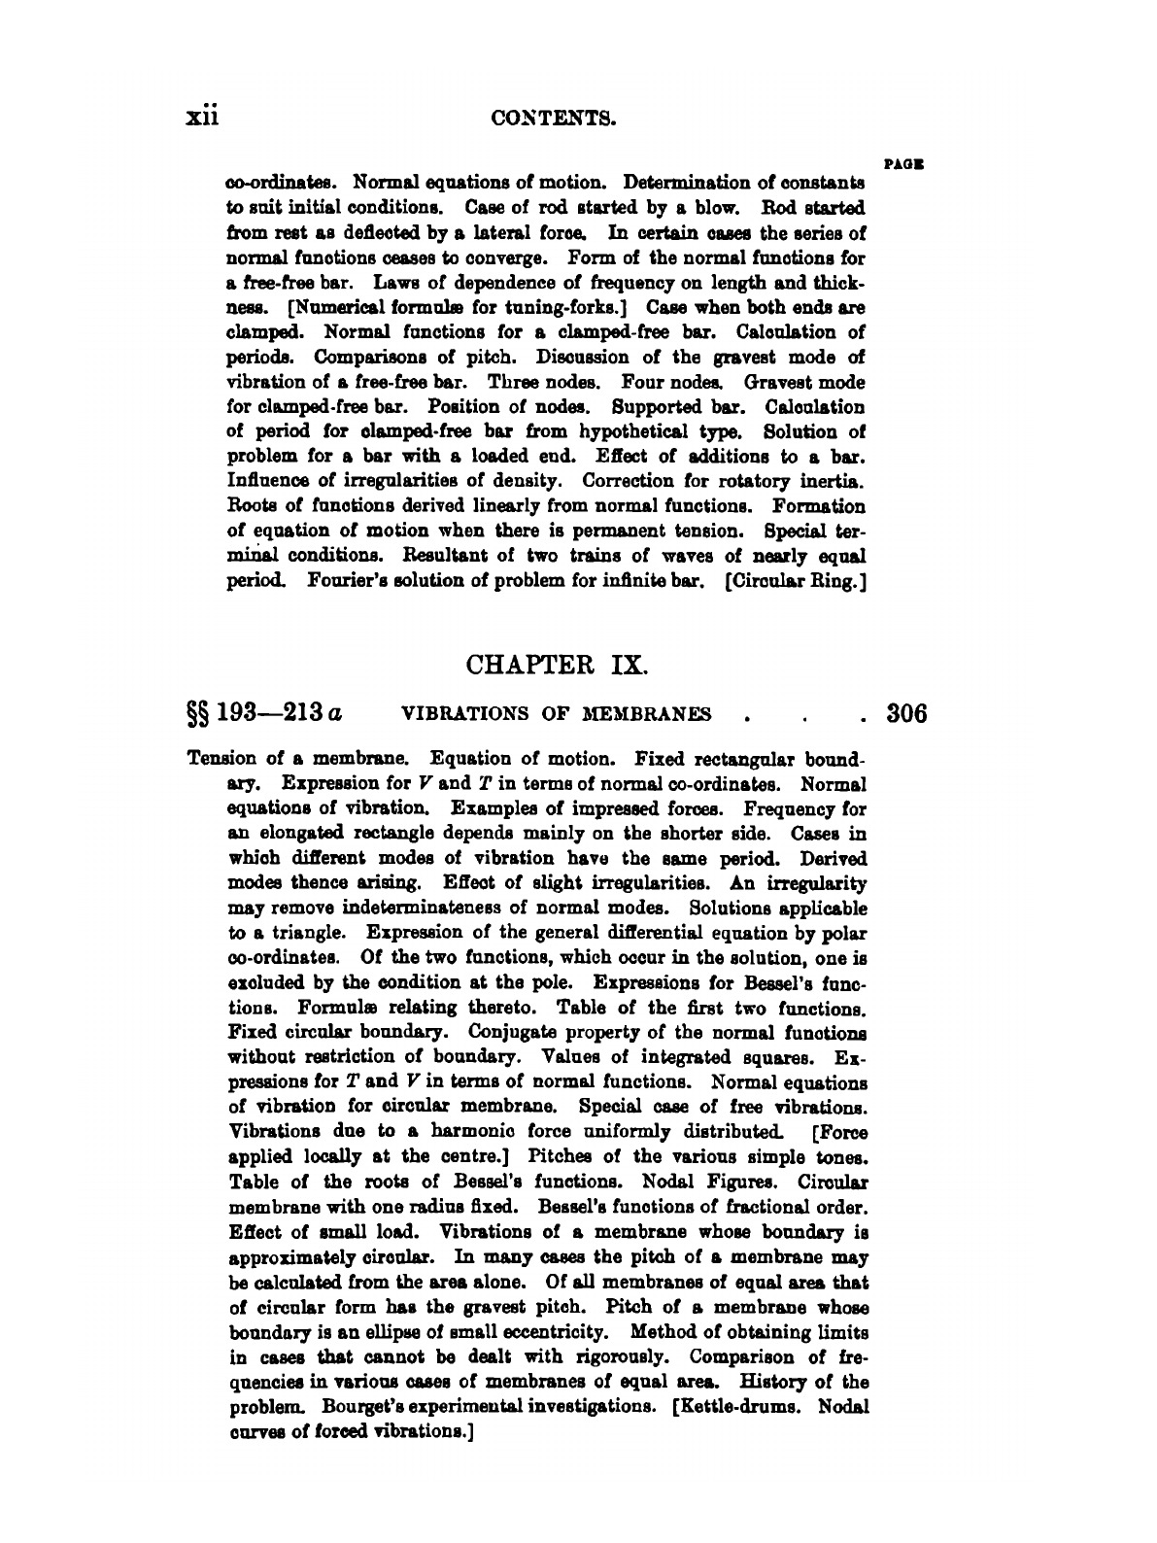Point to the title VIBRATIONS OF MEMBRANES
pyautogui.click(x=556, y=715)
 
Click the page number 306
pyautogui.click(x=907, y=714)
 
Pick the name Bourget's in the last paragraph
pyautogui.click(x=349, y=1406)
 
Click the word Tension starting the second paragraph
pyautogui.click(x=224, y=758)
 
